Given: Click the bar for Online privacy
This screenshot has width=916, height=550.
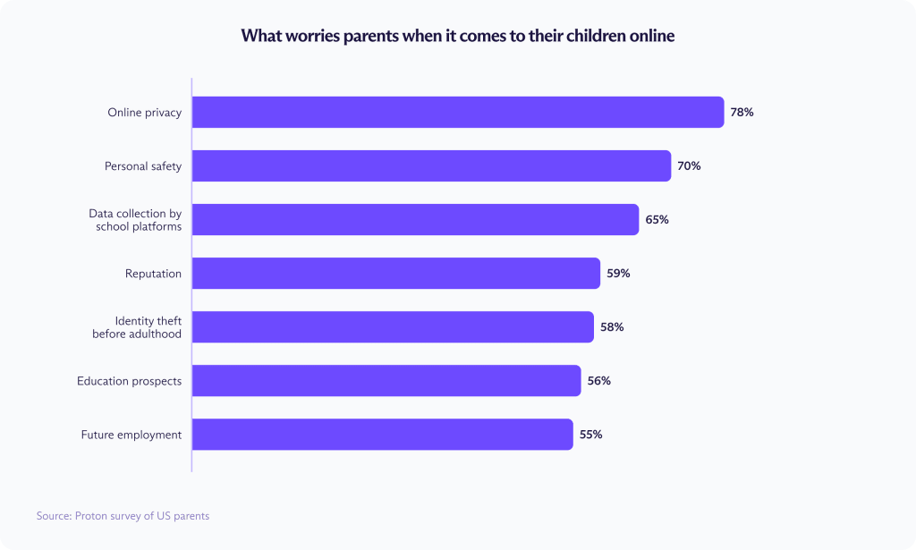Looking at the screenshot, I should tap(457, 113).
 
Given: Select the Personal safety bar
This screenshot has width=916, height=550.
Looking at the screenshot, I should tap(431, 166).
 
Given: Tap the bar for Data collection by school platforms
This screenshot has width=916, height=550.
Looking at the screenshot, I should tap(415, 220).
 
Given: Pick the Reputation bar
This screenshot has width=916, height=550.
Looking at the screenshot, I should tap(395, 274).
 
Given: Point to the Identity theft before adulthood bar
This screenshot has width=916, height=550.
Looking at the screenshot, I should tap(392, 327).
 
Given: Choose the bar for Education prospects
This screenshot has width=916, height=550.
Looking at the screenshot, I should tap(386, 381).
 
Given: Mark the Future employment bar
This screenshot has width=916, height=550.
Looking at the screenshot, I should tap(382, 435).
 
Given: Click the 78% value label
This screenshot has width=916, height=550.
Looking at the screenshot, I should tap(742, 113).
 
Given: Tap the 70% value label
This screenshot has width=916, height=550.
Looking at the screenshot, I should tap(689, 166).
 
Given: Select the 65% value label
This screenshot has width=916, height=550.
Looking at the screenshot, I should tap(657, 220).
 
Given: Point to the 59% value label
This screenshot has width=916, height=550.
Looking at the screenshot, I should tap(618, 274).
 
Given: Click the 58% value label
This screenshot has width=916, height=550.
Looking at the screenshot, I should tap(612, 327).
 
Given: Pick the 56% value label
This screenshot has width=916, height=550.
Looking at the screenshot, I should tap(598, 381).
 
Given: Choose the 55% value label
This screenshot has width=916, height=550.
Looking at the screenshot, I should tap(590, 435).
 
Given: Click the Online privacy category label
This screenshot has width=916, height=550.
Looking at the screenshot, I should tap(144, 113).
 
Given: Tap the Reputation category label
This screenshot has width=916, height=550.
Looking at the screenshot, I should tap(153, 274).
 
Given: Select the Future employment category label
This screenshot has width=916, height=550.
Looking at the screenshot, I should tap(131, 435).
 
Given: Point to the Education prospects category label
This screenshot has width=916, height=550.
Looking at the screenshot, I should tap(129, 381).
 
